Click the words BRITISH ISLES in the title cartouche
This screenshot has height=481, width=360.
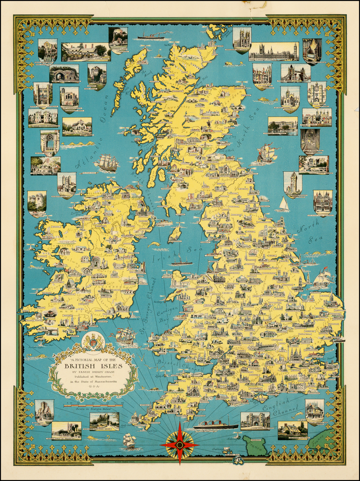point(93,366)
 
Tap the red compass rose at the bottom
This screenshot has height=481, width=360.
point(179,445)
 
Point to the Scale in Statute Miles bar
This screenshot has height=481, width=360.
point(93,405)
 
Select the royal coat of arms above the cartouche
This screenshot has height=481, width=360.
point(93,340)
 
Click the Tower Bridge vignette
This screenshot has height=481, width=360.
point(295,72)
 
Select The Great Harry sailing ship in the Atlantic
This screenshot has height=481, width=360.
point(106,163)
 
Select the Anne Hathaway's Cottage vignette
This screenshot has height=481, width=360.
point(85,52)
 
